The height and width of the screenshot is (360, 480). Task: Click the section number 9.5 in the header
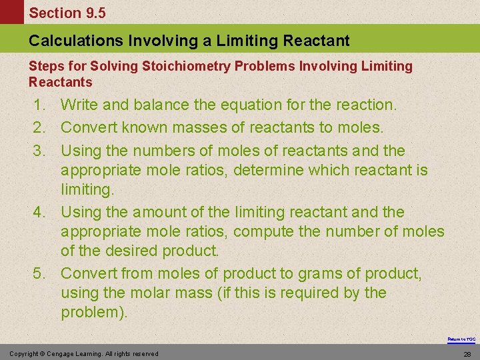pyautogui.click(x=93, y=13)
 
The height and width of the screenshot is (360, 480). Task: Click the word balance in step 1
pyautogui.click(x=157, y=105)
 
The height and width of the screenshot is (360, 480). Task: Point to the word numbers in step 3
pyautogui.click(x=164, y=151)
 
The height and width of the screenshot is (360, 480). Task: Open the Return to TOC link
pyautogui.click(x=461, y=339)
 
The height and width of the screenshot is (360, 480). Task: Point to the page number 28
pyautogui.click(x=467, y=353)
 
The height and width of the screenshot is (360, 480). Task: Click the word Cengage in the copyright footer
pyautogui.click(x=64, y=353)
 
